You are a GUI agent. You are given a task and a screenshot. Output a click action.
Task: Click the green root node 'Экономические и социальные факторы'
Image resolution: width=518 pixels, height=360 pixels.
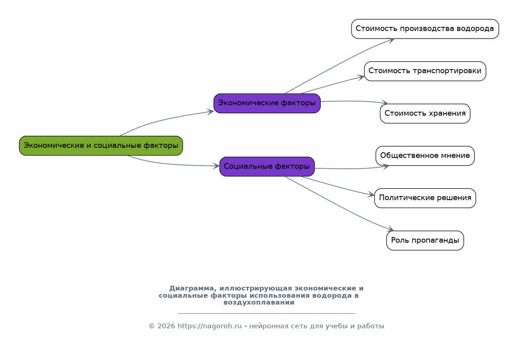click(x=101, y=145)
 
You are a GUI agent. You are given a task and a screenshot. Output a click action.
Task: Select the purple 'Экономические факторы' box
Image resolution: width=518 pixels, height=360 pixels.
click(x=267, y=103)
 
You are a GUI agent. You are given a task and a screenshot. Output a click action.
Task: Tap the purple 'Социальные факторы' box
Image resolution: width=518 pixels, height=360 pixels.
click(x=267, y=166)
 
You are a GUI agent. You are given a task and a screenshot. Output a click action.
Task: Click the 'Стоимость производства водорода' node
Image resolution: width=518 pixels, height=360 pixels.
click(x=425, y=29)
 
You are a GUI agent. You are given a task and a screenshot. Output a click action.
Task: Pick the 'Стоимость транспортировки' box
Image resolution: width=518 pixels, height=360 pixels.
click(x=425, y=71)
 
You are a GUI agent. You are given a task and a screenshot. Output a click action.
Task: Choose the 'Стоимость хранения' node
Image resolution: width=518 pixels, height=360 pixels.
click(x=425, y=113)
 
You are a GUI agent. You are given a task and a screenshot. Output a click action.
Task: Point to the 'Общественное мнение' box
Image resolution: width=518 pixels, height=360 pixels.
click(x=425, y=156)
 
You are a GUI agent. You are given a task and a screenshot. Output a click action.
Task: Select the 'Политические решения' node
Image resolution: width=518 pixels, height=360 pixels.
click(x=425, y=198)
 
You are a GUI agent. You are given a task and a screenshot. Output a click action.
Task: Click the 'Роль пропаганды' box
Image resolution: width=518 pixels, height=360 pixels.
click(x=425, y=240)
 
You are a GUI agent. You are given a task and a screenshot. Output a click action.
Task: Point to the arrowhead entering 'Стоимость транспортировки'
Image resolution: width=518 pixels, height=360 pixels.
click(x=361, y=77)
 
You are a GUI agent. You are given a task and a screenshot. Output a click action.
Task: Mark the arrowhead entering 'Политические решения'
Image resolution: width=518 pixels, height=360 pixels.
click(x=371, y=195)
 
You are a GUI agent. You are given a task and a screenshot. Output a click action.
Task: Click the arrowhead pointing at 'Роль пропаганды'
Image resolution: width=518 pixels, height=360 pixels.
click(x=390, y=229)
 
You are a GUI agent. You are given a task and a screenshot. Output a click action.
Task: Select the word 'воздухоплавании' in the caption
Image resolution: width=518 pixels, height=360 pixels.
click(x=259, y=303)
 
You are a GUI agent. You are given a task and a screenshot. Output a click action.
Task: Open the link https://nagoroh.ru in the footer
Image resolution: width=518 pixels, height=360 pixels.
click(x=209, y=326)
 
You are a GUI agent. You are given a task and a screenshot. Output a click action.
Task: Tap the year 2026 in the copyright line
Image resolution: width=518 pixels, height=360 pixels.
click(x=166, y=326)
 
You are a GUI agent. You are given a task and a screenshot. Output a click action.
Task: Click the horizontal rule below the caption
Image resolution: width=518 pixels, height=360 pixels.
click(x=266, y=313)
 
